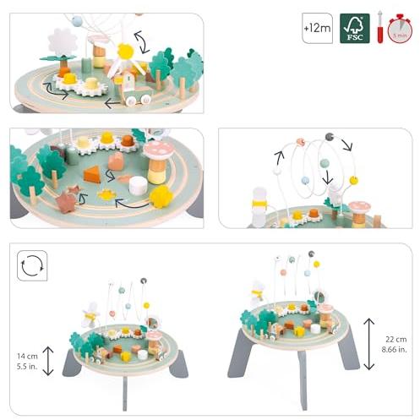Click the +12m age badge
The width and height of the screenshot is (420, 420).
[x=317, y=28]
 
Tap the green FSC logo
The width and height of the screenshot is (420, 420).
[x=355, y=28]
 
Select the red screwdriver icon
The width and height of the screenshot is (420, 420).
[x=380, y=27]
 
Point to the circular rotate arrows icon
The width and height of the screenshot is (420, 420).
[x=32, y=265]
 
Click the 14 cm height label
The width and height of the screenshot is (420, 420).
[x=27, y=356]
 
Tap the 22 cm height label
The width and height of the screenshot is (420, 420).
[x=396, y=340]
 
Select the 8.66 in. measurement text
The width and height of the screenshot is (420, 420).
[x=394, y=350]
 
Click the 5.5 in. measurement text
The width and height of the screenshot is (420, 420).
[x=27, y=367]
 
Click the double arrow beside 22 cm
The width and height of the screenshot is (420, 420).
[x=369, y=344]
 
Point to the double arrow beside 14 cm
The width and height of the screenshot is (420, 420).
[x=48, y=361]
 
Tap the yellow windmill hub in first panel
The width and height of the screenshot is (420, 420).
[x=125, y=52]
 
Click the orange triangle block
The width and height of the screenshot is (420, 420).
[x=92, y=174]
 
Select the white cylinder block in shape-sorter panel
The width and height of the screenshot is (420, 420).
[x=138, y=186]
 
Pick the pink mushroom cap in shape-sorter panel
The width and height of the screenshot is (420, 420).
[x=157, y=150]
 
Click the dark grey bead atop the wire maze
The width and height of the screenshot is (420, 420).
[x=330, y=137]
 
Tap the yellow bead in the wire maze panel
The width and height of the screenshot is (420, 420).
[x=353, y=180]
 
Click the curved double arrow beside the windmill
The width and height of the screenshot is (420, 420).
[x=142, y=42]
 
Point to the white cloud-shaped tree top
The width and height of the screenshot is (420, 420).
[x=62, y=42]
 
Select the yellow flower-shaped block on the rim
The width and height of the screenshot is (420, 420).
[x=161, y=196]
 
